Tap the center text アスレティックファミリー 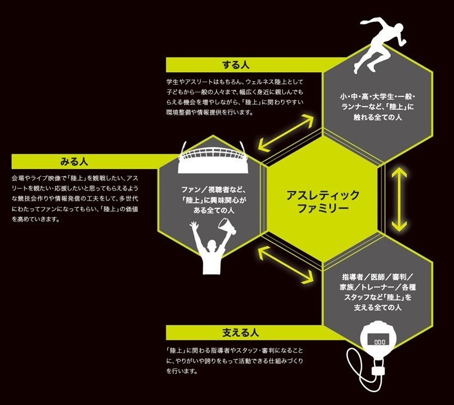(322, 201)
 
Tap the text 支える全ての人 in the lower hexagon (377, 308)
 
